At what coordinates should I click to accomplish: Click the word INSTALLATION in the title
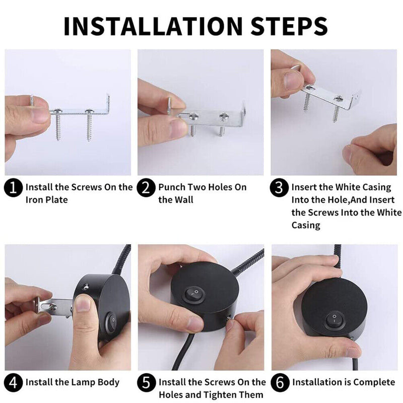click(153, 26)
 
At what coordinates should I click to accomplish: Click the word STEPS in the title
click(289, 26)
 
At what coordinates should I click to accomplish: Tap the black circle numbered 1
click(14, 188)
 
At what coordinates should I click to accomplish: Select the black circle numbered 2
click(146, 188)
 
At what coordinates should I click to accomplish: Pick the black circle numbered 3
click(279, 188)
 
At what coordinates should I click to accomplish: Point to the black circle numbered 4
click(14, 383)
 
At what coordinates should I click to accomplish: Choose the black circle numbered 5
click(146, 383)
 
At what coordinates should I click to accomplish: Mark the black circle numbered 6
click(280, 383)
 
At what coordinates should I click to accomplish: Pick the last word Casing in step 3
click(306, 225)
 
